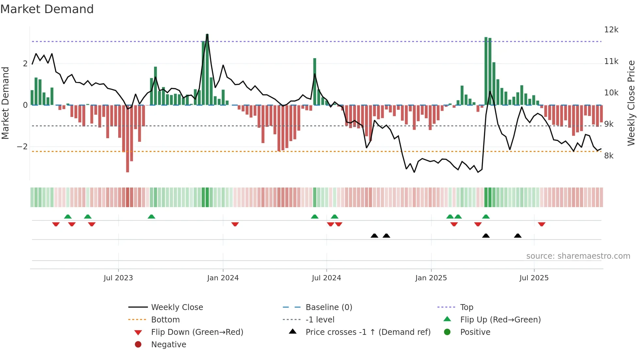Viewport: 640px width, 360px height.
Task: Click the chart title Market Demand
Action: [x=47, y=9]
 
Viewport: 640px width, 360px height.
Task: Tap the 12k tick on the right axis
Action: [x=611, y=30]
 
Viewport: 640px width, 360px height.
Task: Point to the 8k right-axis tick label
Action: [x=609, y=156]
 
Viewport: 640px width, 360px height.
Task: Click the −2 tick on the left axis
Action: [x=23, y=147]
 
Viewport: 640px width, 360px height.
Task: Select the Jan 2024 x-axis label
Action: [x=223, y=278]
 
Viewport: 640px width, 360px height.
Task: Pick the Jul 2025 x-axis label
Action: [x=534, y=278]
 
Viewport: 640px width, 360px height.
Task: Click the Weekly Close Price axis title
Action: [x=631, y=103]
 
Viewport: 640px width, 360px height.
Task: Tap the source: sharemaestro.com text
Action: [x=578, y=256]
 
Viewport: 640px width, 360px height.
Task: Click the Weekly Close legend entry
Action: [x=177, y=307]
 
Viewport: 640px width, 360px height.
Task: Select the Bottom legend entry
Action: [x=165, y=320]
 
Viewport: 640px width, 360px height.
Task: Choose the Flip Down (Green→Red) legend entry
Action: [x=197, y=332]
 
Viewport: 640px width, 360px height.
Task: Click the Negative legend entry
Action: [x=168, y=345]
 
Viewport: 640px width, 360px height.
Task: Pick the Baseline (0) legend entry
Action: [x=328, y=307]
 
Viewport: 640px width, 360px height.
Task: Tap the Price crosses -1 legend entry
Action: [x=368, y=332]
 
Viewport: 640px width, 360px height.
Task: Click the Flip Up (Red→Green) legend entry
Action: [x=500, y=320]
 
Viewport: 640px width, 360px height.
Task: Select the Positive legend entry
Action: [x=475, y=332]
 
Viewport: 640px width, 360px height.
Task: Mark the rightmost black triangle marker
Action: [x=518, y=236]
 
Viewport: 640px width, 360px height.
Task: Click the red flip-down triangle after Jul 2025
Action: [x=542, y=224]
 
